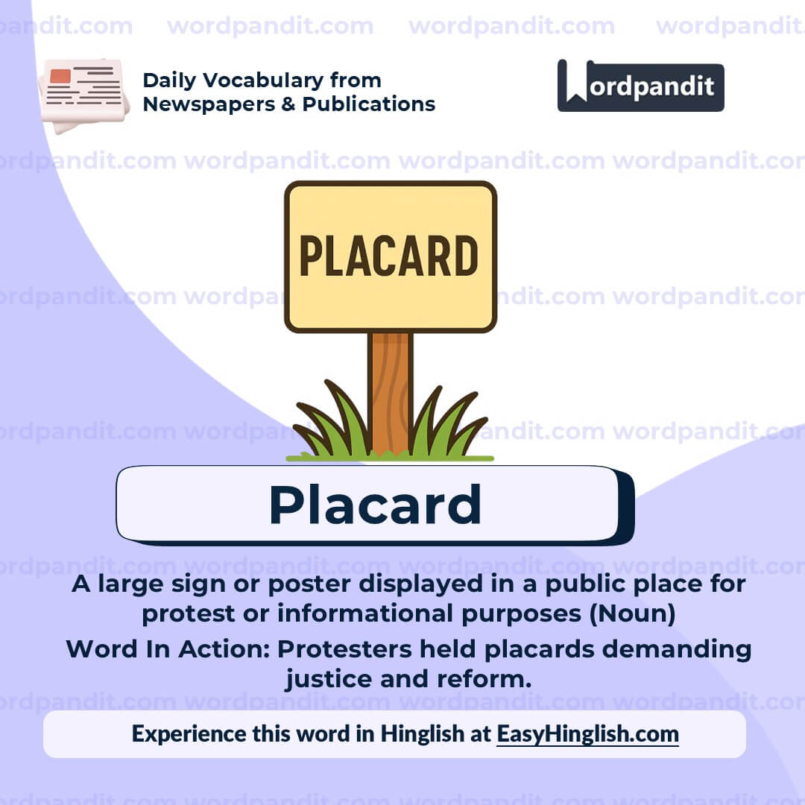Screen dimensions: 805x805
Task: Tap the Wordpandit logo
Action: coord(640,86)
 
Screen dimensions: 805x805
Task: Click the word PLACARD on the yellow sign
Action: coord(389,256)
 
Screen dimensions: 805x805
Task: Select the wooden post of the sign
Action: coord(390,388)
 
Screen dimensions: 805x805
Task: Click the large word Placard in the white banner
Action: coord(375,505)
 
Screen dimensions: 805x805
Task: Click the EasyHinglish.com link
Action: coord(587,733)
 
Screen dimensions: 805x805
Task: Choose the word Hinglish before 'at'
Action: coord(421,733)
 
